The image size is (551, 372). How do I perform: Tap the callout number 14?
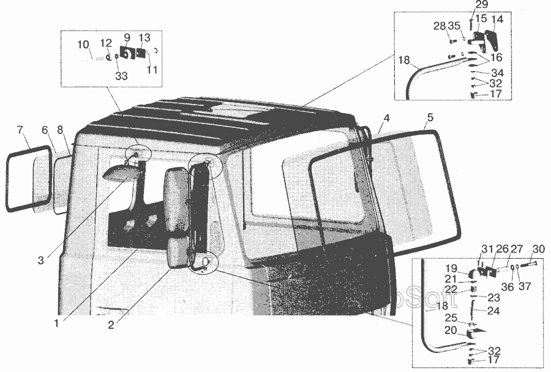pyautogui.click(x=497, y=19)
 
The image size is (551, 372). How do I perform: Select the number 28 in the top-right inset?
pyautogui.click(x=440, y=26)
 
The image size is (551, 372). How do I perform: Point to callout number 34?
pyautogui.click(x=498, y=73)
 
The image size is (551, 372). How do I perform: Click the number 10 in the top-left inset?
pyautogui.click(x=83, y=45)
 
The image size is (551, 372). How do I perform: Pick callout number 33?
pyautogui.click(x=121, y=76)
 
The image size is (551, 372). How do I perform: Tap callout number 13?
pyautogui.click(x=144, y=37)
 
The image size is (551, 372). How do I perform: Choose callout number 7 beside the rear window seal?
pyautogui.click(x=20, y=130)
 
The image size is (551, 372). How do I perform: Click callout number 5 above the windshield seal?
pyautogui.click(x=430, y=117)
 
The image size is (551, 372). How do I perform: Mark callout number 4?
pyautogui.click(x=386, y=118)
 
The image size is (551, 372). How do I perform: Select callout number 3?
pyautogui.click(x=41, y=260)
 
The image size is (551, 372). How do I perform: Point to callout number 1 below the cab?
pyautogui.click(x=56, y=323)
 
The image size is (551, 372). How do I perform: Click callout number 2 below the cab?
pyautogui.click(x=111, y=325)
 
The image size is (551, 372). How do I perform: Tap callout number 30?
pyautogui.click(x=539, y=250)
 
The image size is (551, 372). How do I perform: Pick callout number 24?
pyautogui.click(x=493, y=311)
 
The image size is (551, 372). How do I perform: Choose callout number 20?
pyautogui.click(x=451, y=330)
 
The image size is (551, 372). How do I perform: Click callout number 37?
pyautogui.click(x=525, y=286)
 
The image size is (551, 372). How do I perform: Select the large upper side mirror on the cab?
pyautogui.click(x=177, y=199)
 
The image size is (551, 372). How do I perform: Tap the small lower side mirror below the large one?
pyautogui.click(x=179, y=252)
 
